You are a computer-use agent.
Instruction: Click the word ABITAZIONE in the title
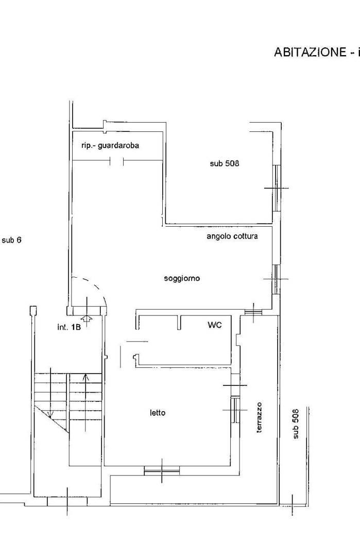310,52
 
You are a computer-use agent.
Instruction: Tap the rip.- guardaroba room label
110,146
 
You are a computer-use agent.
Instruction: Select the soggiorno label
182,278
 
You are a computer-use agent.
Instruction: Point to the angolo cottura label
232,236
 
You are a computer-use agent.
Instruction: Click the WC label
214,325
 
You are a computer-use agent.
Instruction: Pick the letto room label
158,412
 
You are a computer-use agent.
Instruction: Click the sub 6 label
11,240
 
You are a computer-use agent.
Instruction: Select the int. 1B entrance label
68,327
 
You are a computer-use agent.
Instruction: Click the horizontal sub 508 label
224,163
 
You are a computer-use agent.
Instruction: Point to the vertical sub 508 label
296,424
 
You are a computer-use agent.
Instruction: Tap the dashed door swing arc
94,286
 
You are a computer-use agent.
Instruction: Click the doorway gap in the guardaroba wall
117,161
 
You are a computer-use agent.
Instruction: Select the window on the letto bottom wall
162,470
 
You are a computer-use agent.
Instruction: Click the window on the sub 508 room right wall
277,188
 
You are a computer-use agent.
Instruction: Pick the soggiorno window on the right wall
277,279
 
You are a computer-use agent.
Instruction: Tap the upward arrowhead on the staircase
86,377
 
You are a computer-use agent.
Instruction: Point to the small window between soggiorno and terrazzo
253,312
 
